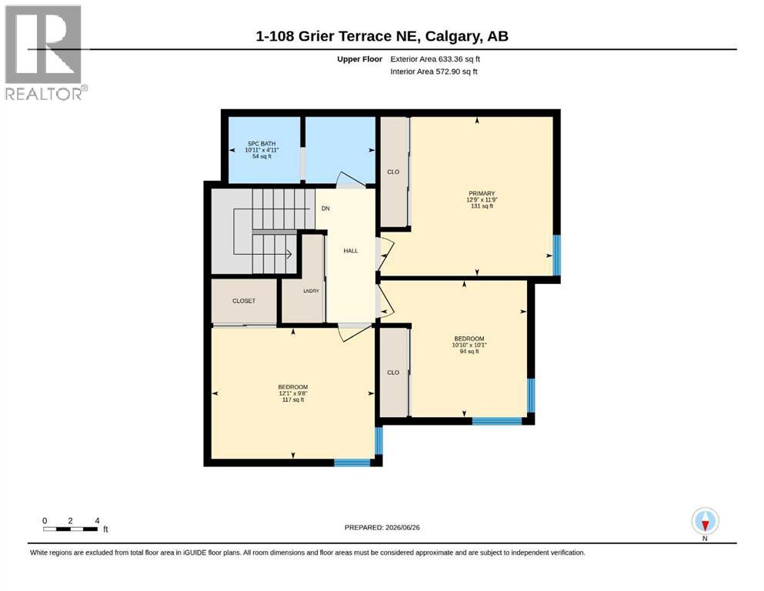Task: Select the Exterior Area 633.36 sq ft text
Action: coord(435,59)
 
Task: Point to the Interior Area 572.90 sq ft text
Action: coord(434,72)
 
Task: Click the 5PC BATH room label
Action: coord(262,150)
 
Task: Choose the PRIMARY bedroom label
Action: coord(482,200)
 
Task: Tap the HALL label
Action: coord(350,251)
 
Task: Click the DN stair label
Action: coord(325,209)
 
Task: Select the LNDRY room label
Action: coord(311,291)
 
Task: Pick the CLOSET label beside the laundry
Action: coord(244,301)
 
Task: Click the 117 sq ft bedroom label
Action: coord(293,393)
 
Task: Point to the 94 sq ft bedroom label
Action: coord(469,345)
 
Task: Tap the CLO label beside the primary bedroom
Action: coord(393,172)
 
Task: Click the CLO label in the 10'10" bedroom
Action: coord(393,372)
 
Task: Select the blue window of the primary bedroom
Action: coord(556,255)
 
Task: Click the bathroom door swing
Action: coord(352,179)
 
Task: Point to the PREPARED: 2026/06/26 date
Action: coord(382,528)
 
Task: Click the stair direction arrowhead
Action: coord(289,254)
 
